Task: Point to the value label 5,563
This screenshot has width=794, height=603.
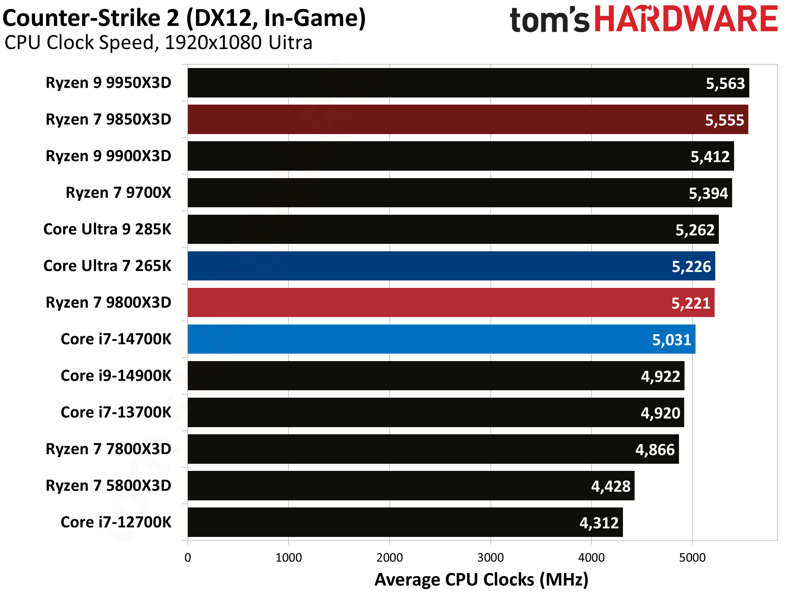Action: click(725, 84)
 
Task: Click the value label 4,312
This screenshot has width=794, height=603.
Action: click(599, 523)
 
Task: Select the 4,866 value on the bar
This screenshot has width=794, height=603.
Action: click(655, 450)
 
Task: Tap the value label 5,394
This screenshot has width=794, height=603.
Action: click(708, 193)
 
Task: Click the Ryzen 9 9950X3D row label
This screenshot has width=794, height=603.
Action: click(109, 83)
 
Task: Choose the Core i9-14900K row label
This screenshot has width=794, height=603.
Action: click(116, 376)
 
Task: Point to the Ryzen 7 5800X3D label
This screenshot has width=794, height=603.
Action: click(109, 486)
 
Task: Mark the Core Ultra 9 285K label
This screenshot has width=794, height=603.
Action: click(107, 229)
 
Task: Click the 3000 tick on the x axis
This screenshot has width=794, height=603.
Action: click(490, 557)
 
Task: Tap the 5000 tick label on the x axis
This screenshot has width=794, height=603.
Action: click(692, 557)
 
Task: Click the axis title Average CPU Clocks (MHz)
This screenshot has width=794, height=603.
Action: click(481, 580)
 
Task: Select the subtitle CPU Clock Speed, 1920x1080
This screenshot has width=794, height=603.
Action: click(158, 43)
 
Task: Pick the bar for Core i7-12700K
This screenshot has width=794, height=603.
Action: click(405, 522)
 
